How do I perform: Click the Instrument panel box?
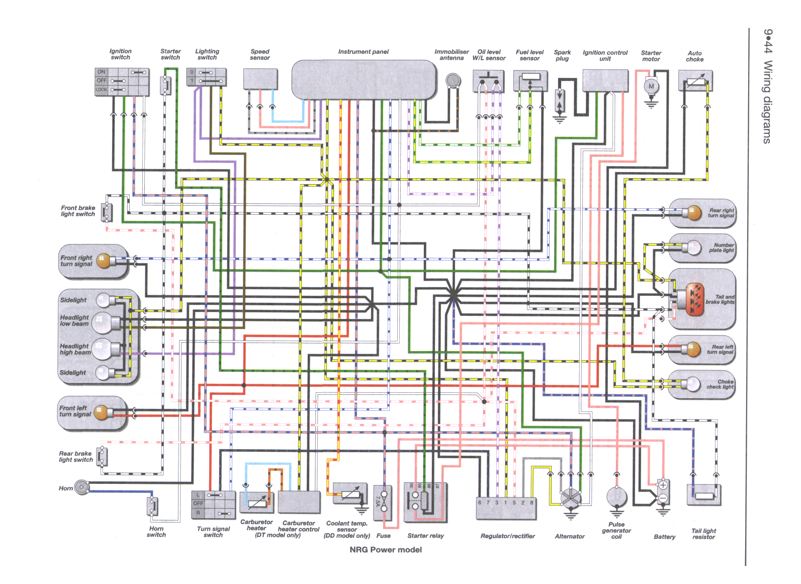(364, 79)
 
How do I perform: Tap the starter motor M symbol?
(651, 86)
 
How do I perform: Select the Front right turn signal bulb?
(103, 261)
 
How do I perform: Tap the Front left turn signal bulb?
(101, 412)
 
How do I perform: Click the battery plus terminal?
(663, 485)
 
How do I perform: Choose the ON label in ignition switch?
(101, 72)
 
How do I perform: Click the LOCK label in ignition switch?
(101, 90)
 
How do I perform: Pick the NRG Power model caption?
(386, 550)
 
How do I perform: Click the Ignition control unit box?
(605, 80)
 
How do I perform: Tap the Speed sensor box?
(260, 79)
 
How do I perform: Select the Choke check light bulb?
(693, 384)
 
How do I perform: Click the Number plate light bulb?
(693, 247)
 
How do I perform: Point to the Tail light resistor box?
(703, 495)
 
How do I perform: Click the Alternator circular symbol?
(570, 498)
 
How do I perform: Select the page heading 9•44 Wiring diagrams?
(767, 86)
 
